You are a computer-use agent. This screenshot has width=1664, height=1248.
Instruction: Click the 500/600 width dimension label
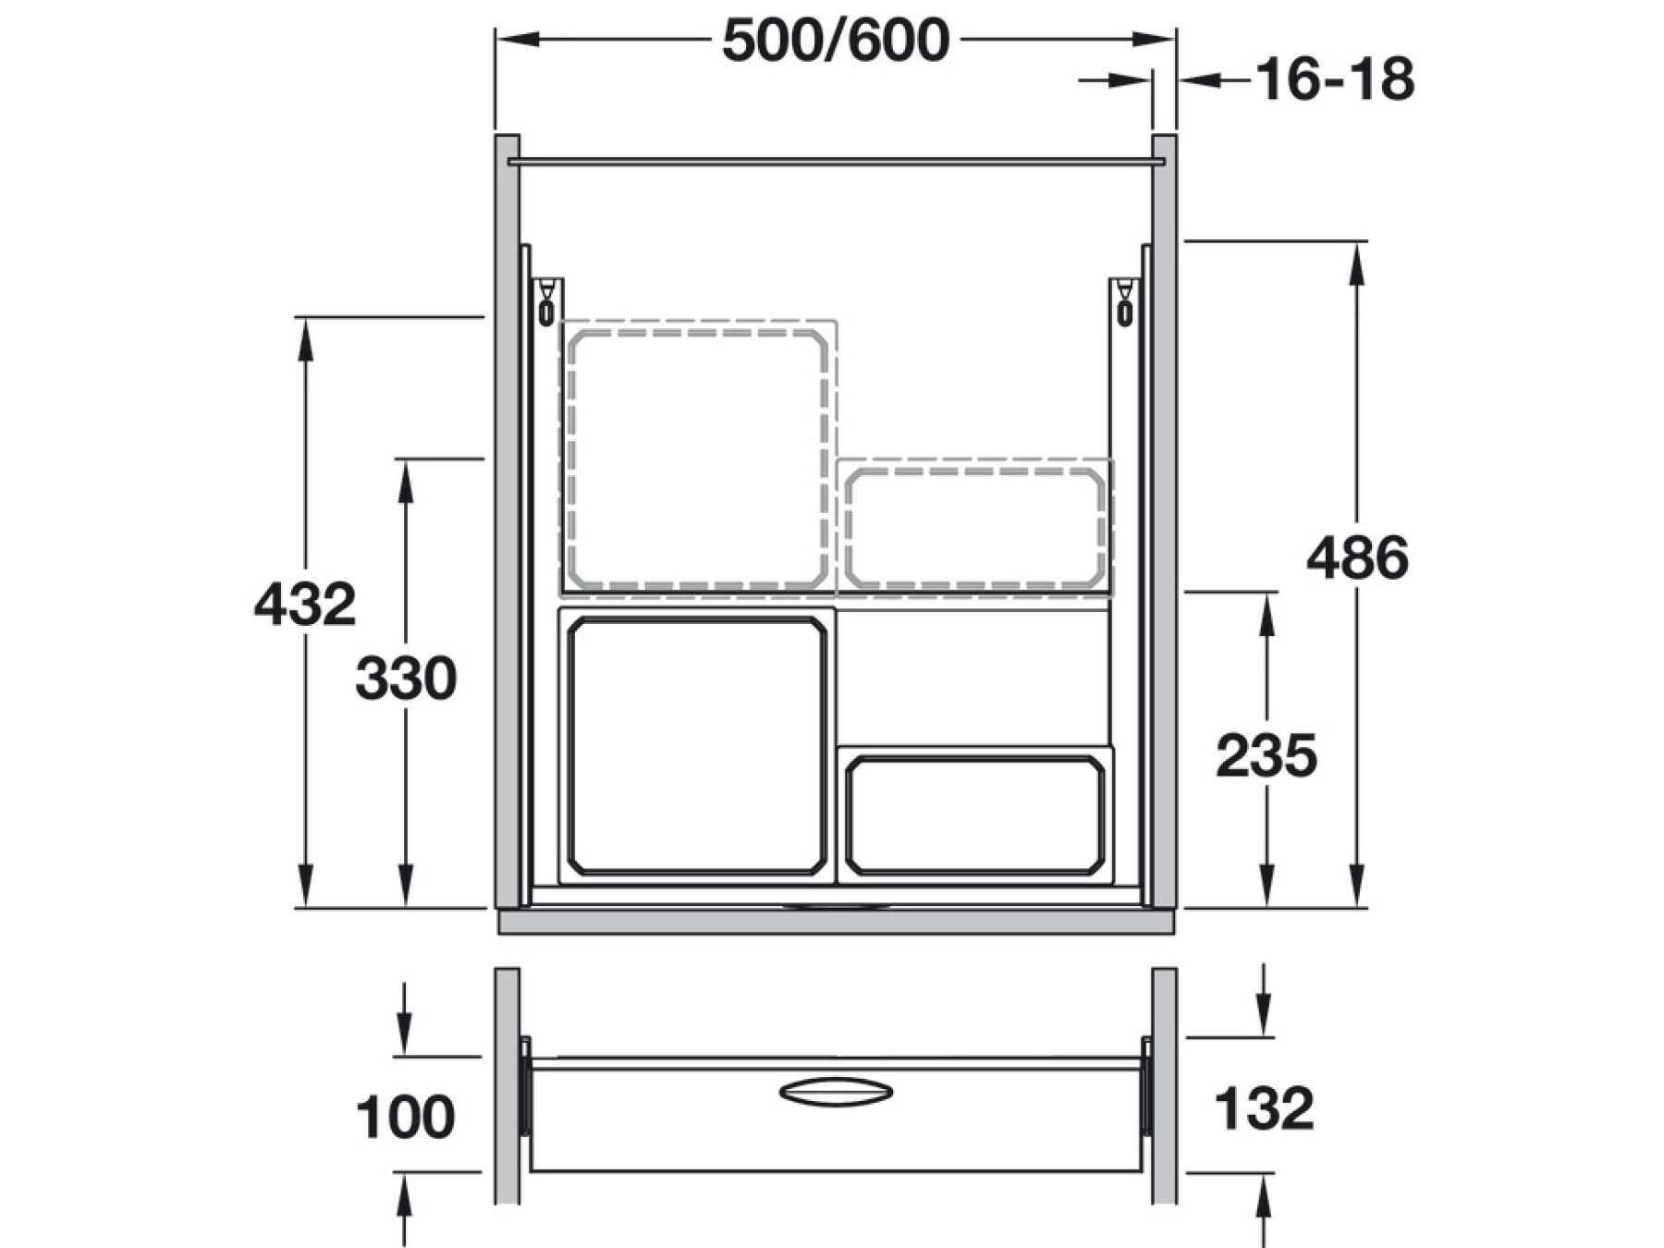pos(836,42)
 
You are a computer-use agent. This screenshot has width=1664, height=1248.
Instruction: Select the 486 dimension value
pos(1357,557)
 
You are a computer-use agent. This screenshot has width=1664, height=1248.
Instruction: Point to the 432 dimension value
pos(305,605)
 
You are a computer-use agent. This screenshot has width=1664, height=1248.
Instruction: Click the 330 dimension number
pos(406,679)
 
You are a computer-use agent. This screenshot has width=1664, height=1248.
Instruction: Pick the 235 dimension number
pos(1266,756)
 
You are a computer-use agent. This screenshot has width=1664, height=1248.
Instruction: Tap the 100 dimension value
pos(405,1117)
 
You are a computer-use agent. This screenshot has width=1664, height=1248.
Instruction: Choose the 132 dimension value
pos(1264,1108)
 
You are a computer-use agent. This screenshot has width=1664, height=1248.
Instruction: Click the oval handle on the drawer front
pos(836,1091)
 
